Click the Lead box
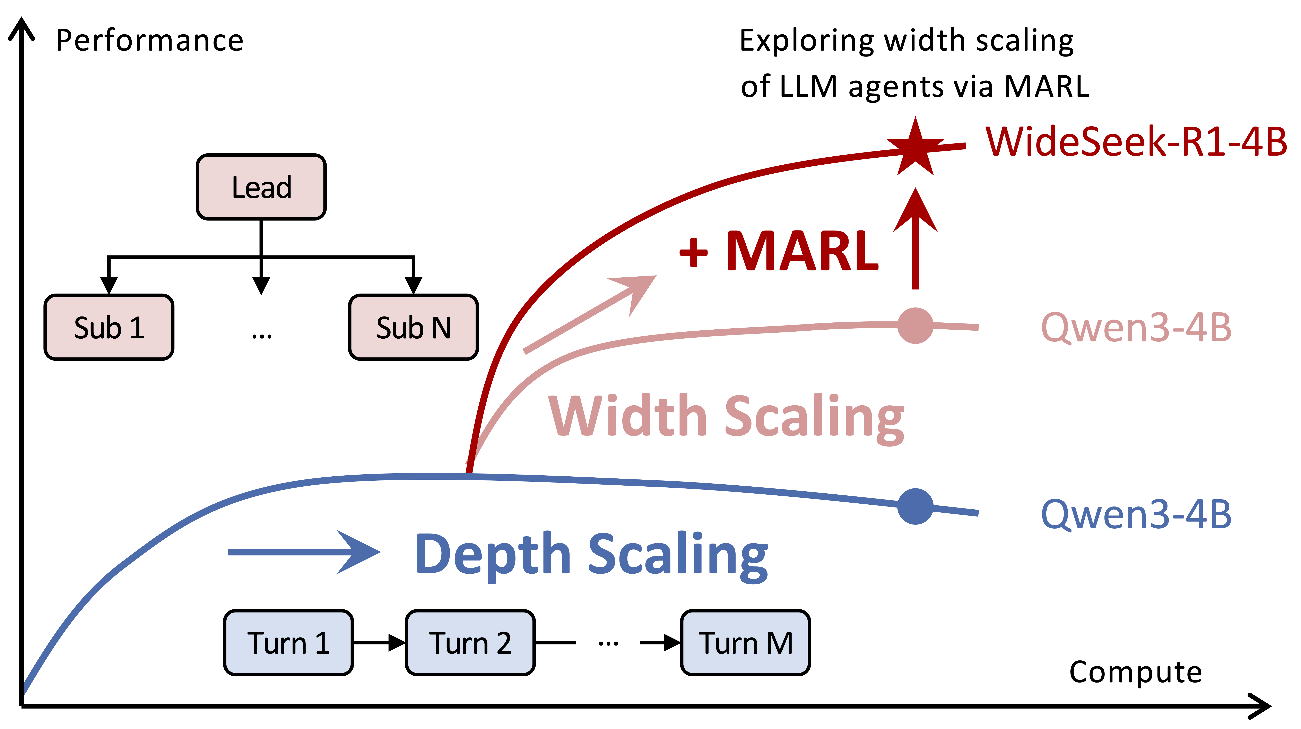click(x=261, y=187)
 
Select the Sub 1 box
click(x=109, y=327)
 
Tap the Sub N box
click(x=413, y=327)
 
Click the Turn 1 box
click(x=288, y=643)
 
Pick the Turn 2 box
click(x=470, y=643)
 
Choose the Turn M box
click(x=745, y=643)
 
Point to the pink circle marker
click(x=915, y=325)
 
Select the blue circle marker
click(x=915, y=506)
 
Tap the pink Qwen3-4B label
click(x=1136, y=327)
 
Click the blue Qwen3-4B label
click(x=1136, y=514)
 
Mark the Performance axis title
click(x=149, y=40)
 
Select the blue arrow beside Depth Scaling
click(x=303, y=552)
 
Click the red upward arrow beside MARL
click(x=915, y=237)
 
